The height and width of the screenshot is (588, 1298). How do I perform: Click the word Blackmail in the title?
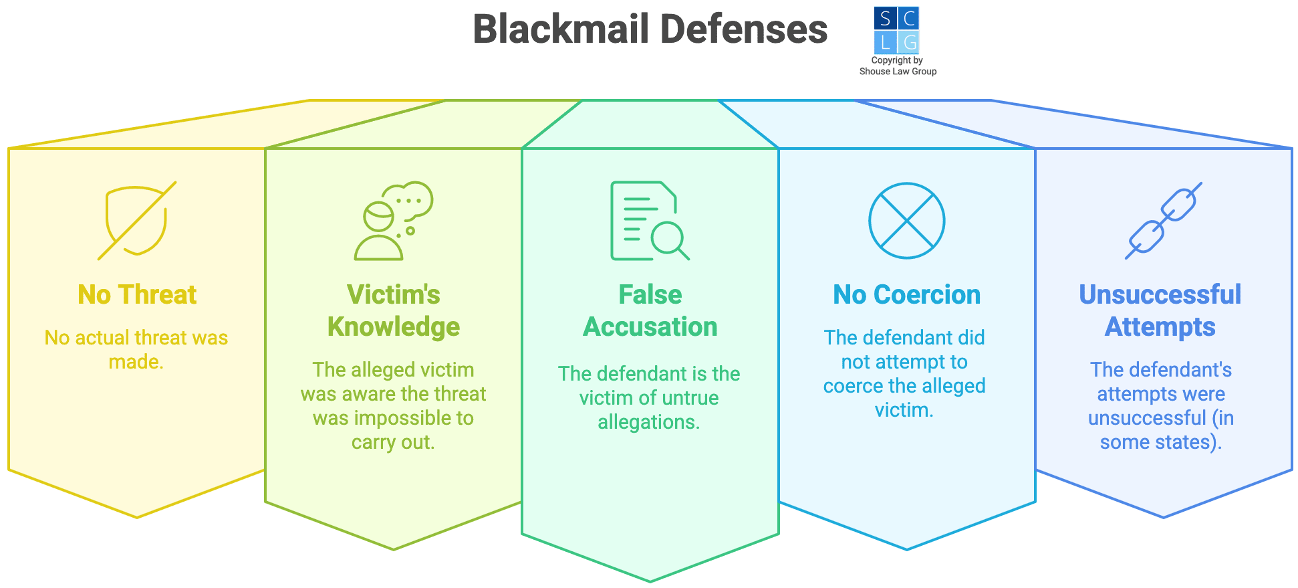pyautogui.click(x=561, y=29)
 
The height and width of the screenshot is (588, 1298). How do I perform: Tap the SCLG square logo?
pyautogui.click(x=896, y=30)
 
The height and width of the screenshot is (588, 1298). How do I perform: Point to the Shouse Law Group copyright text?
pyautogui.click(x=898, y=66)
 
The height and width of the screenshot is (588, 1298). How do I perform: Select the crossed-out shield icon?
pyautogui.click(x=137, y=221)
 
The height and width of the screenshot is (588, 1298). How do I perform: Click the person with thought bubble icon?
pyautogui.click(x=393, y=221)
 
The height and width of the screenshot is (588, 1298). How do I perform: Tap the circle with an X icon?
pyautogui.click(x=906, y=221)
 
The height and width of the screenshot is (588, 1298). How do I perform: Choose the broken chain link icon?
pyautogui.click(x=1163, y=221)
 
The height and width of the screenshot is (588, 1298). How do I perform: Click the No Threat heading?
pyautogui.click(x=137, y=294)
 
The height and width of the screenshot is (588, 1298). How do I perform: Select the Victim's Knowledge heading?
pyautogui.click(x=393, y=310)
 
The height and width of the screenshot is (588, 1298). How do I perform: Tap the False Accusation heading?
pyautogui.click(x=650, y=310)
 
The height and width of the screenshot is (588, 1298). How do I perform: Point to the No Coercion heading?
pyautogui.click(x=906, y=294)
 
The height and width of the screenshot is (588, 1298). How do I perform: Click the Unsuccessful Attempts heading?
pyautogui.click(x=1160, y=310)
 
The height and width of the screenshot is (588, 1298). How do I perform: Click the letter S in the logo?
pyautogui.click(x=885, y=19)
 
